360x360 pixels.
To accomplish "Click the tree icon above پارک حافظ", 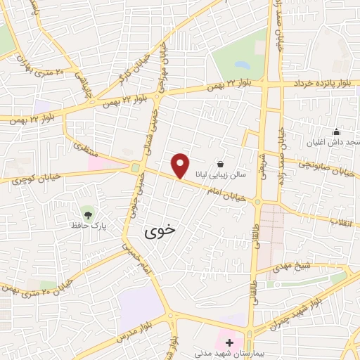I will click(88, 214).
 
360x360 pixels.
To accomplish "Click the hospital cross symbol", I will click(229, 342).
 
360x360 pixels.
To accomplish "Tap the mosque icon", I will click(336, 131).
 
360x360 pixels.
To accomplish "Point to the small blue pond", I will click(242, 64).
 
